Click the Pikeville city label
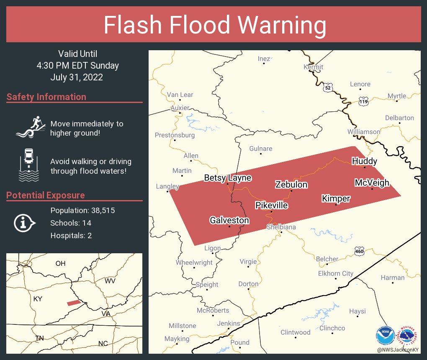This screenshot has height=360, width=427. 272,206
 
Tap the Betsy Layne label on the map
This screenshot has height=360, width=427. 227,178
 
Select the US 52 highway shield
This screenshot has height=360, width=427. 327,87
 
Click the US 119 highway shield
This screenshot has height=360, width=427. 363,101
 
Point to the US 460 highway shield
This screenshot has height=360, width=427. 359,251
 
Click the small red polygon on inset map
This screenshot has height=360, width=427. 74,303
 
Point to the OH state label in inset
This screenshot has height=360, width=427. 61,263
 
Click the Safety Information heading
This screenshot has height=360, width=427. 46,97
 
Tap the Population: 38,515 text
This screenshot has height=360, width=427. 82,210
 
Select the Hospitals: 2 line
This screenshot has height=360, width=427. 71,235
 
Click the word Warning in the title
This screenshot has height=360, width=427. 283,25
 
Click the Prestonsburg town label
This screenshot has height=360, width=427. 175,135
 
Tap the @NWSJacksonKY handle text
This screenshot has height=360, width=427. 398,350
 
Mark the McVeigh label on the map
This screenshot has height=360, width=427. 372,183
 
